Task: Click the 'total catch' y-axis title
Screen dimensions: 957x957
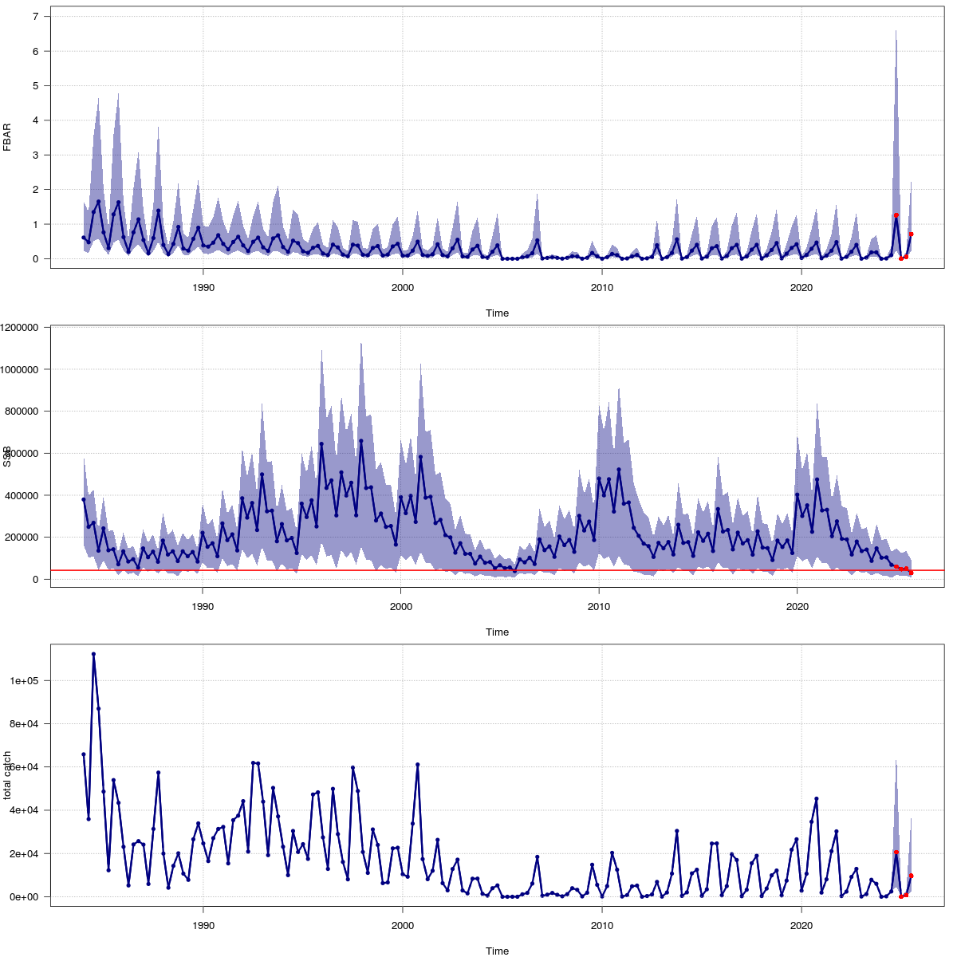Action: (x=7, y=775)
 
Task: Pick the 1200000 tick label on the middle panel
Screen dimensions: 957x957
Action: (x=25, y=327)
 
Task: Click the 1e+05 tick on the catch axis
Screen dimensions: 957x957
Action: (x=29, y=681)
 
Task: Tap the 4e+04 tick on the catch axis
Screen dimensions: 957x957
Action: (x=29, y=810)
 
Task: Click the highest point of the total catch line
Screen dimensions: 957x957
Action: (x=93, y=654)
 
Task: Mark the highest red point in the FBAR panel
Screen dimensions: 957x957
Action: (x=896, y=215)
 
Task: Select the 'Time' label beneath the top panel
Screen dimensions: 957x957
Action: (x=497, y=313)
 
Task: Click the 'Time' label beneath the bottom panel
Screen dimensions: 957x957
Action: (x=497, y=951)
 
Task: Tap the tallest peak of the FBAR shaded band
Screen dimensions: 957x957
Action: (x=896, y=31)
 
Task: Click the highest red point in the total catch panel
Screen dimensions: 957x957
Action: (x=896, y=853)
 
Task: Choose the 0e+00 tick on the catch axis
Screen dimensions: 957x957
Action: (x=29, y=896)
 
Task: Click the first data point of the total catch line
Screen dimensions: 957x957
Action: (x=83, y=754)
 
